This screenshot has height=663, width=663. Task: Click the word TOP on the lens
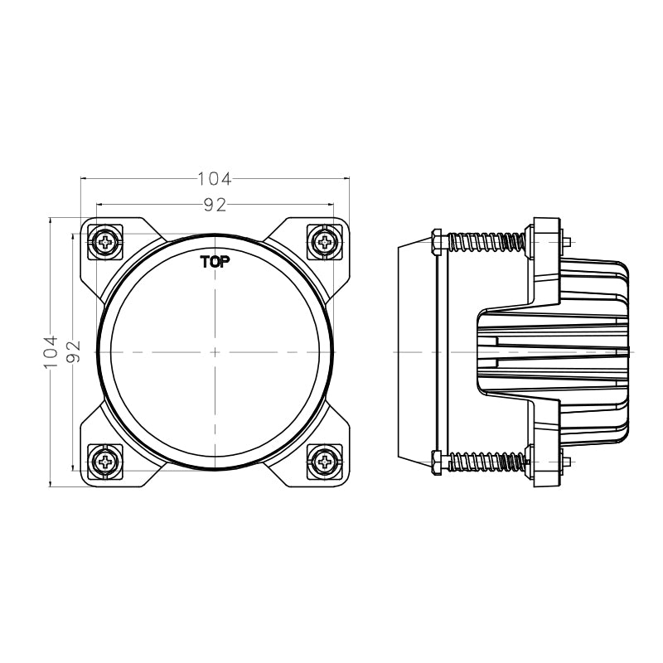click(x=215, y=262)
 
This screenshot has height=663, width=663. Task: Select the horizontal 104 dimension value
click(x=214, y=178)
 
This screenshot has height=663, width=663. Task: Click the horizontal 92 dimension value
click(x=215, y=203)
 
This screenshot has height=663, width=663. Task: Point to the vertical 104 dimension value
click(x=51, y=351)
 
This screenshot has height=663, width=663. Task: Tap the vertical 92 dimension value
click(x=75, y=353)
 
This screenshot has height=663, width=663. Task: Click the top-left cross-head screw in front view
click(x=106, y=241)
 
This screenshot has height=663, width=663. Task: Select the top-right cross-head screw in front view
click(x=323, y=241)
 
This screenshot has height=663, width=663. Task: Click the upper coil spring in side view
click(x=486, y=242)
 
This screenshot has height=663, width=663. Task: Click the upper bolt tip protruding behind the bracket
click(x=569, y=242)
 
